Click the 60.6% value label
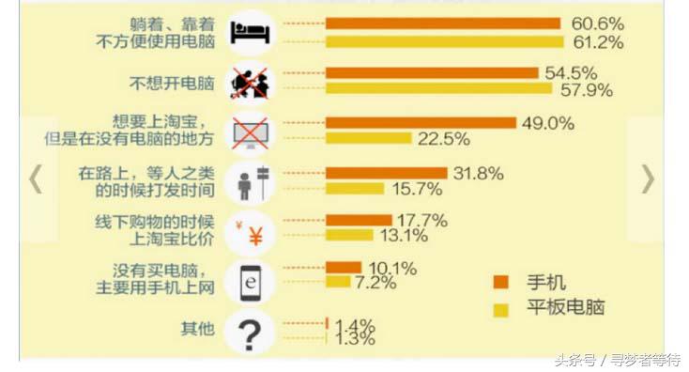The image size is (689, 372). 597,23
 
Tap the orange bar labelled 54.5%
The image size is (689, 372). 432,72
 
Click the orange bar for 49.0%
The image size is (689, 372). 421,122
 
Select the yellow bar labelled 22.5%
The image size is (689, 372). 368,139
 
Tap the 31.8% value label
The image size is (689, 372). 478,173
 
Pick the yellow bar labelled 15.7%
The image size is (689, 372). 355,189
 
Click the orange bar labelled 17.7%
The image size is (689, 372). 359,221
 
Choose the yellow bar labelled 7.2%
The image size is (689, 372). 338,282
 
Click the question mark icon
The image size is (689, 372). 250,332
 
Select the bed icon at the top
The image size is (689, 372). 250,32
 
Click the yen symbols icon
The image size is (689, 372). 250,232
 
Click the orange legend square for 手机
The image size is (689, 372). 500,281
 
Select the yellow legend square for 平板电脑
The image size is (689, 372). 500,306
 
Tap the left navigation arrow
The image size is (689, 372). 36,179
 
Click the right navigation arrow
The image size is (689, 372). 648,179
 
